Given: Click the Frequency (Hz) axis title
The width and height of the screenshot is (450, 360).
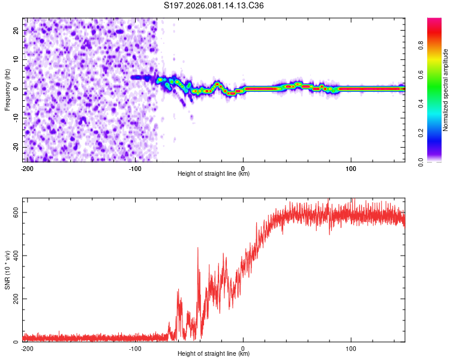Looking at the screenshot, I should coord(8,89).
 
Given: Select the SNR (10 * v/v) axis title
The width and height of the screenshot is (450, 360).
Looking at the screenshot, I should coord(8,270).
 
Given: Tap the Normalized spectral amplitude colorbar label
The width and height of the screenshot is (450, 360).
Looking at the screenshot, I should coord(445,89).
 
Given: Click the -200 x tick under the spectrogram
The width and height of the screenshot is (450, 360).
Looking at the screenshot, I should coord(26,168).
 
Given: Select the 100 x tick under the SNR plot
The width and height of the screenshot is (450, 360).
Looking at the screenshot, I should coord(351,348).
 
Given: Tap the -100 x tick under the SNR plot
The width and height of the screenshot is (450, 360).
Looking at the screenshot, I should coord(134,348).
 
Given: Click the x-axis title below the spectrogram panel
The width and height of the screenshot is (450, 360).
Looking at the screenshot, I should coord(214,174).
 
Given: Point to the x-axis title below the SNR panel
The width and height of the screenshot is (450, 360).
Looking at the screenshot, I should coord(214,354).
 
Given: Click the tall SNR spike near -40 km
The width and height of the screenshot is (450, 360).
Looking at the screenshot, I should coord(198,248).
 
